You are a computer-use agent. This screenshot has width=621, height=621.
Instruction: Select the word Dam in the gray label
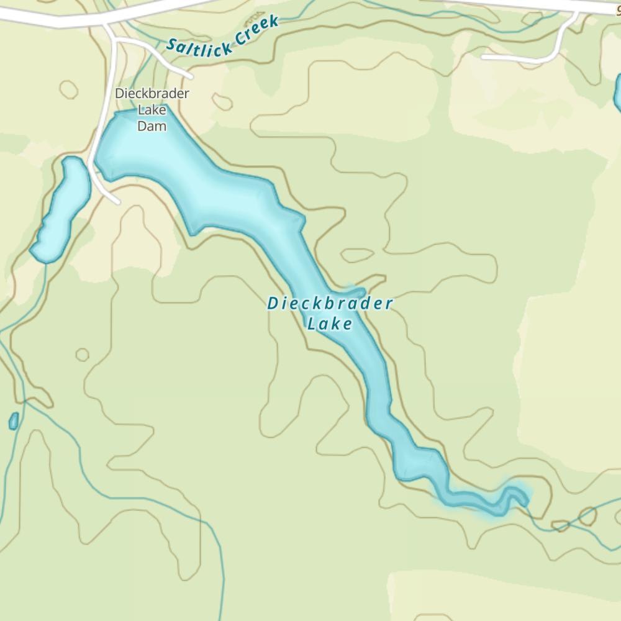pyautogui.click(x=152, y=126)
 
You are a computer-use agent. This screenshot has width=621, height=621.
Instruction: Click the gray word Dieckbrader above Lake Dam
pyautogui.click(x=152, y=94)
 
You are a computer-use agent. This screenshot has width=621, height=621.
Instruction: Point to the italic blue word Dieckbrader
pyautogui.click(x=330, y=304)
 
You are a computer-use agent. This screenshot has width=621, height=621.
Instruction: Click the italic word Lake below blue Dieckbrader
pyautogui.click(x=330, y=324)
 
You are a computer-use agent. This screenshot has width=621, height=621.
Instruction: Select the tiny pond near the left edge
pyautogui.click(x=14, y=421)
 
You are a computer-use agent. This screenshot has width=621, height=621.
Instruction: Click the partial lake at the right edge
pyautogui.click(x=618, y=93)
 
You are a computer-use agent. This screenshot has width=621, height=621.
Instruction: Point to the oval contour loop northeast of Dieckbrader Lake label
pyautogui.click(x=357, y=255)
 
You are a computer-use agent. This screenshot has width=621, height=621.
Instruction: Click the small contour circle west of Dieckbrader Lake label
pyautogui.click(x=82, y=355)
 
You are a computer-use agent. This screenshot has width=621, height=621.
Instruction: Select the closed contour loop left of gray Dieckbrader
pyautogui.click(x=68, y=89)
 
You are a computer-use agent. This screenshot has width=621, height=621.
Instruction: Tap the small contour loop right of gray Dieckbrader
pyautogui.click(x=222, y=101)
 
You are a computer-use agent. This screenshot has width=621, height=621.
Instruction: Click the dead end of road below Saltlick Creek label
pyautogui.click(x=191, y=76)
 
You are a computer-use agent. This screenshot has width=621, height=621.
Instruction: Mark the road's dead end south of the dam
pyautogui.click(x=117, y=201)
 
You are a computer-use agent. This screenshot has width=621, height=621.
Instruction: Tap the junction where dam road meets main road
pyautogui.click(x=107, y=26)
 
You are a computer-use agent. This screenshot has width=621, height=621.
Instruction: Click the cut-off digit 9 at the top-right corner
pyautogui.click(x=617, y=9)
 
